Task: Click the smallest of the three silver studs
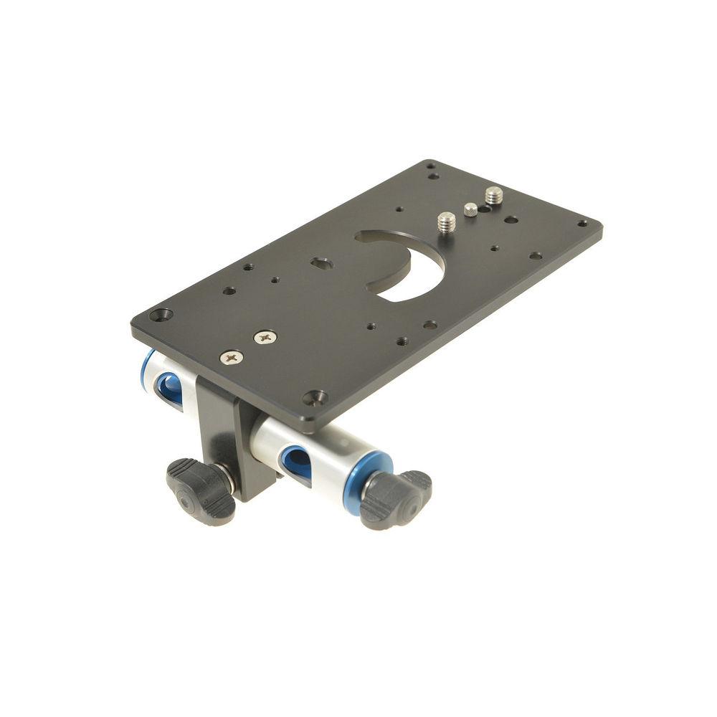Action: [470, 209]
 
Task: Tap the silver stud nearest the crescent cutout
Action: [447, 221]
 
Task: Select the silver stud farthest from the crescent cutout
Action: [494, 195]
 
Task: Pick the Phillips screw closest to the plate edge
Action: [231, 356]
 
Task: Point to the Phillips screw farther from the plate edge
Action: [265, 336]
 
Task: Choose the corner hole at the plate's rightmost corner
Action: [581, 223]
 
